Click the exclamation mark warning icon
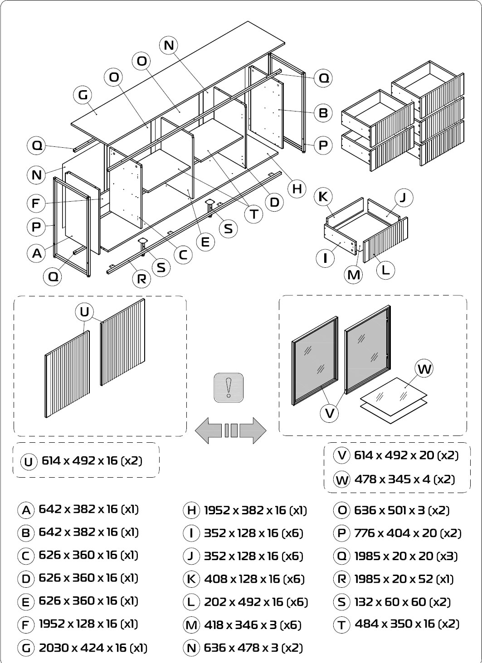[229, 388]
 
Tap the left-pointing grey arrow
[208, 431]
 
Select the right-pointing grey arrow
[253, 431]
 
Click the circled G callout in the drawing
[83, 95]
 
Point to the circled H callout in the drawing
[297, 189]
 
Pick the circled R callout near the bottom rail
[141, 279]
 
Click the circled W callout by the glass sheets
[424, 369]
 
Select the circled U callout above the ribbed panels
[84, 312]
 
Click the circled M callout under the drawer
[354, 275]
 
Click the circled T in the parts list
[342, 625]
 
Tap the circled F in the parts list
[26, 625]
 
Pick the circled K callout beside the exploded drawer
[323, 197]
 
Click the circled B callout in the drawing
[323, 113]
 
